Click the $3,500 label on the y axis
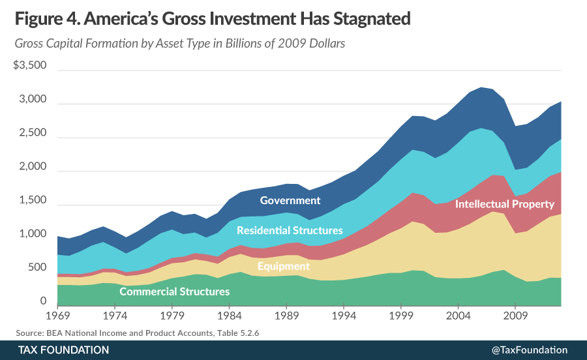point(29,65)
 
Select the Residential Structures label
point(290,230)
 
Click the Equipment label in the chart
point(283,265)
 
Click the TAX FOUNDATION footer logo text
point(63,350)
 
